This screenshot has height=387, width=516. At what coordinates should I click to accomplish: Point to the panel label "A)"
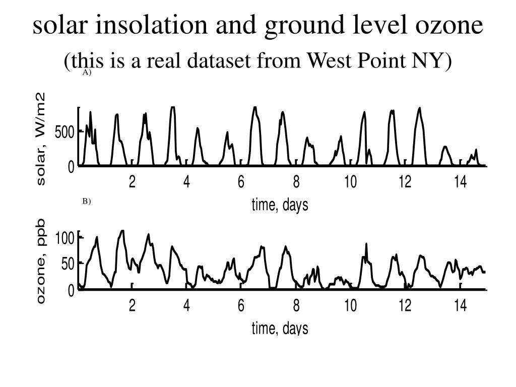(x=87, y=73)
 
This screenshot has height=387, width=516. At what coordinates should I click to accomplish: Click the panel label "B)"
(x=87, y=202)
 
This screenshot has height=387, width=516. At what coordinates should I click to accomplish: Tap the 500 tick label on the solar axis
(x=65, y=133)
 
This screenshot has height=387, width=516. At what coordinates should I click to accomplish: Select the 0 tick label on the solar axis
(x=71, y=167)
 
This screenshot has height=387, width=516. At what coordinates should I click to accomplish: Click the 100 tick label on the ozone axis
(x=65, y=238)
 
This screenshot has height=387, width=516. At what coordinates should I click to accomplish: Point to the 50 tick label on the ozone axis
(x=68, y=264)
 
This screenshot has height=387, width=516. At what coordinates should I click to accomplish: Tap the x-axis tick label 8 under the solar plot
(x=296, y=182)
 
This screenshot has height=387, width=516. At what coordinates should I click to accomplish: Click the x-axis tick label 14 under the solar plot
(x=460, y=182)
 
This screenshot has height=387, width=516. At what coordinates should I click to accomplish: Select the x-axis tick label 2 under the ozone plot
(x=132, y=306)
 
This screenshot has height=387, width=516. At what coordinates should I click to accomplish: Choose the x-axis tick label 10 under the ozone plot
(x=350, y=306)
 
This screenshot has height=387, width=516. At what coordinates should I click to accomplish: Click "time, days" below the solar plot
(x=280, y=205)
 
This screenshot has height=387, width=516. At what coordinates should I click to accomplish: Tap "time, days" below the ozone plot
(x=280, y=329)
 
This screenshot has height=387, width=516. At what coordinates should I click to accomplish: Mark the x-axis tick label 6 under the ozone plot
(x=241, y=306)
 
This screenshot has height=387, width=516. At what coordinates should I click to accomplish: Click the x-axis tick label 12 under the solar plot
(x=405, y=182)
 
